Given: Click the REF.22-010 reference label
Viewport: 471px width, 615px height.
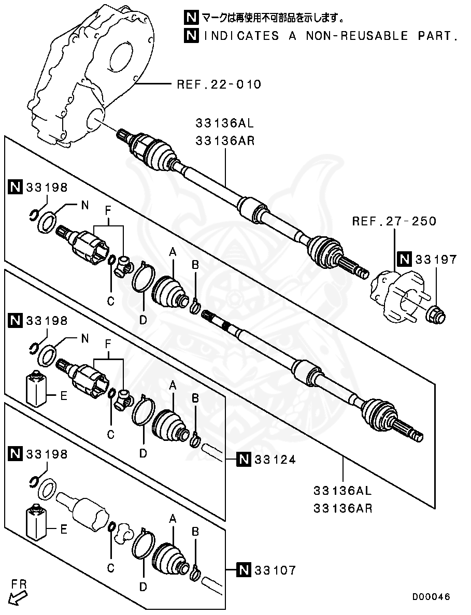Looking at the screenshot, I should pyautogui.click(x=219, y=84).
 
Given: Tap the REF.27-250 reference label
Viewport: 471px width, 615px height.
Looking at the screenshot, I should pyautogui.click(x=394, y=221).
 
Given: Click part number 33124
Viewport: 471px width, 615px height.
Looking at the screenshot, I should pyautogui.click(x=275, y=459).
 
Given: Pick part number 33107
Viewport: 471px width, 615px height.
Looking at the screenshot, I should pyautogui.click(x=275, y=570).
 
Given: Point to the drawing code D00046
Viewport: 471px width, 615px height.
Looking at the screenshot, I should pyautogui.click(x=431, y=596).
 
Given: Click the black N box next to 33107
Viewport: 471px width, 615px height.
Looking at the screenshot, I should pyautogui.click(x=244, y=570).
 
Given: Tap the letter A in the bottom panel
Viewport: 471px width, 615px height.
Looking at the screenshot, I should pyautogui.click(x=173, y=518).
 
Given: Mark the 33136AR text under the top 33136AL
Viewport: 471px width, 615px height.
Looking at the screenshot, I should pyautogui.click(x=225, y=140).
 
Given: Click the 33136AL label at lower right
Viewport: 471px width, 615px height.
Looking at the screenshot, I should pyautogui.click(x=342, y=490).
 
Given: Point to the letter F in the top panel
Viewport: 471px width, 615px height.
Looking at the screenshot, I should pyautogui.click(x=108, y=211).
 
